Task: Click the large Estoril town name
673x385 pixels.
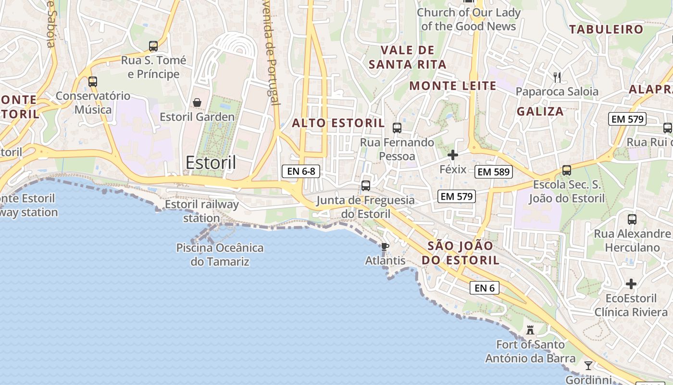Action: (211, 163)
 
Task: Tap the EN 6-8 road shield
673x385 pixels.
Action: (300, 171)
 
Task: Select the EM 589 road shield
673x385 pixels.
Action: (494, 172)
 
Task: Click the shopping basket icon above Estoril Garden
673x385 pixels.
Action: (197, 103)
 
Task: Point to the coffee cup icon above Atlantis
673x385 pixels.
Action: (385, 247)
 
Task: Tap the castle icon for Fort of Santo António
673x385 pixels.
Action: (530, 330)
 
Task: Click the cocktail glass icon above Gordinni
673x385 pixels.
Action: (588, 365)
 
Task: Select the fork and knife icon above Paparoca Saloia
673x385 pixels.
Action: (557, 77)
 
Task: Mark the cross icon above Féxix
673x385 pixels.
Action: (453, 155)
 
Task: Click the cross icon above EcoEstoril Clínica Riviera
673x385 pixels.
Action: (631, 284)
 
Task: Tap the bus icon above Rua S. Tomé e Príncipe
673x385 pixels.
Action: (153, 46)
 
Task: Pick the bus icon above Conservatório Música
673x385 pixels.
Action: (93, 82)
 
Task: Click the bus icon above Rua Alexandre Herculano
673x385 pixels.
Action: (632, 219)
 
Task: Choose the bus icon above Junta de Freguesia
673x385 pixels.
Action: (366, 186)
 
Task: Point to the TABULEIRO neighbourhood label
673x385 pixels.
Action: (606, 29)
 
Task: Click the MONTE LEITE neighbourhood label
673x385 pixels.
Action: (453, 86)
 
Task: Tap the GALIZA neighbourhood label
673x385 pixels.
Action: (540, 112)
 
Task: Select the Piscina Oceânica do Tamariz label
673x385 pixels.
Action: (220, 255)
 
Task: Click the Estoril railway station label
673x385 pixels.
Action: (202, 211)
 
